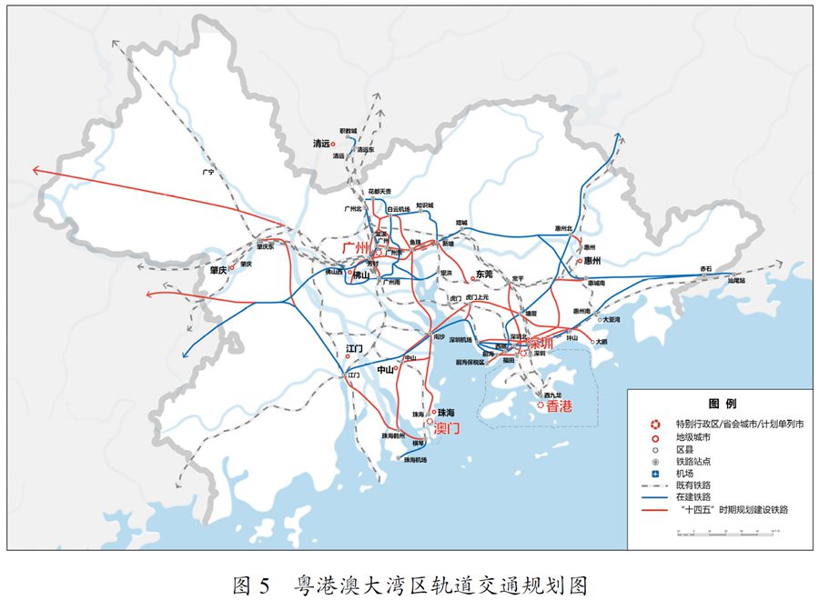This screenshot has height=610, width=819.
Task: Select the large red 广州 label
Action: [355, 248]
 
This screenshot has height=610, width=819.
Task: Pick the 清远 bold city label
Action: [320, 144]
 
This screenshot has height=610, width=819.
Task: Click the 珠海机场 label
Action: [415, 460]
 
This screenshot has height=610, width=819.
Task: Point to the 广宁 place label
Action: [207, 172]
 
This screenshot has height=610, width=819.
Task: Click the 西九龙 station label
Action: [551, 395]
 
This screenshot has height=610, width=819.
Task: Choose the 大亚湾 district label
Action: [611, 319]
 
